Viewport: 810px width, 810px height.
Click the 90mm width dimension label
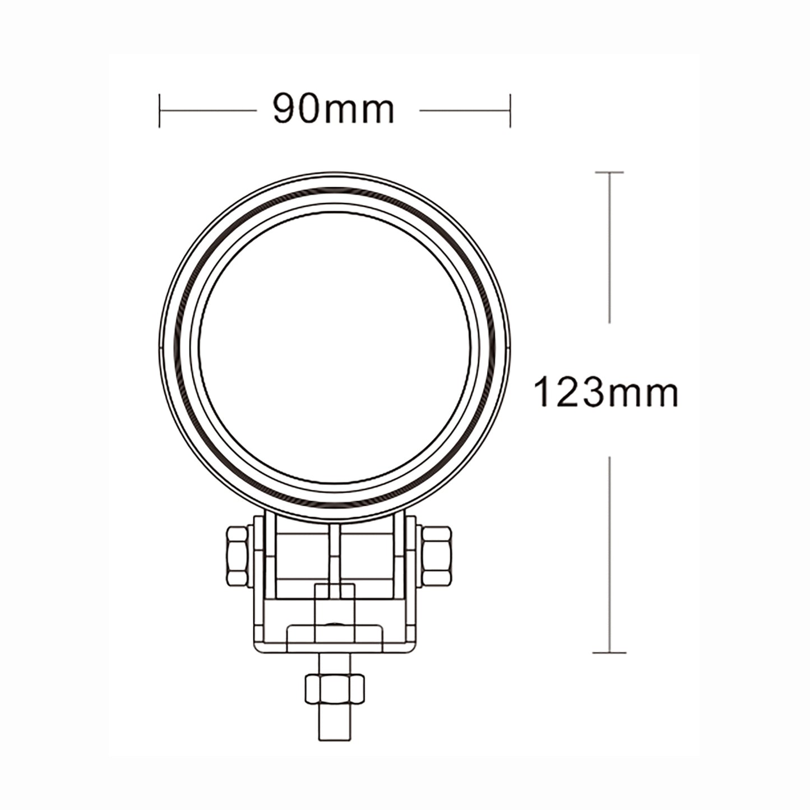(x=334, y=109)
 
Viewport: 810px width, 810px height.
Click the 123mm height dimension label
(x=606, y=392)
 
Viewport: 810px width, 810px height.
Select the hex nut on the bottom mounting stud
(x=335, y=689)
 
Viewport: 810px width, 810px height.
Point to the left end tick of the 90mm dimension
(x=160, y=110)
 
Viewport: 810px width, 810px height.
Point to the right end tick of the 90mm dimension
(x=510, y=110)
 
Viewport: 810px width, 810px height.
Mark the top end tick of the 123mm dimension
(x=609, y=172)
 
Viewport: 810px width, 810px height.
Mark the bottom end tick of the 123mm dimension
(x=609, y=652)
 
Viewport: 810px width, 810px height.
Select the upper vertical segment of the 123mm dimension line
(x=609, y=247)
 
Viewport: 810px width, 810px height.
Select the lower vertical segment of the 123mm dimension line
(x=609, y=555)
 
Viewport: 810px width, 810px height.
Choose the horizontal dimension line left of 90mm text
(x=207, y=110)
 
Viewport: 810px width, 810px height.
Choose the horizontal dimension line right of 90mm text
(x=464, y=110)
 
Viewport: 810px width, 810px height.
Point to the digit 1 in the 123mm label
(x=541, y=392)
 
